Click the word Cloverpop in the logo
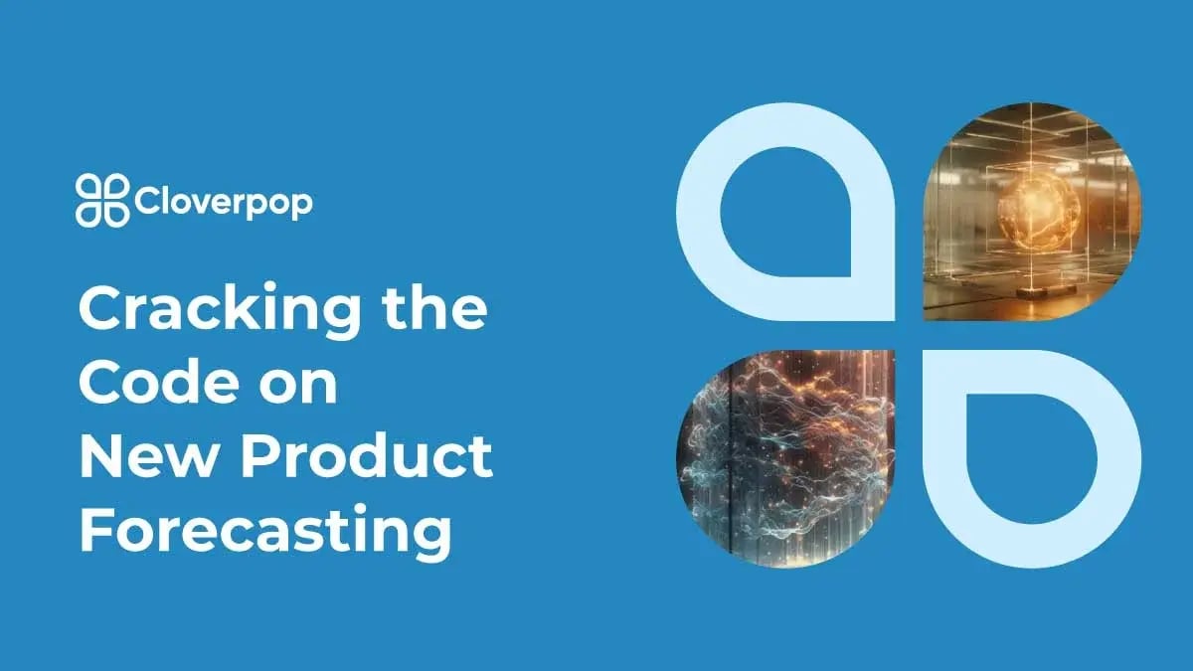tap(223, 202)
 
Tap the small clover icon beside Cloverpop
tap(102, 200)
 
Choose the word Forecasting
tap(265, 532)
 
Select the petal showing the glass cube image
tap(1034, 214)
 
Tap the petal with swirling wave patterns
tap(785, 457)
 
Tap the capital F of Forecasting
tap(93, 530)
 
